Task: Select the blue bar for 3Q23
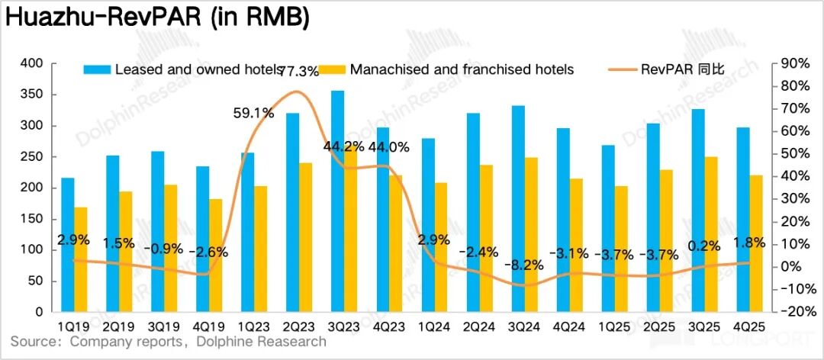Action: (x=337, y=201)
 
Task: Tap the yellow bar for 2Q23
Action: (x=305, y=237)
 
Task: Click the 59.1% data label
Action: (x=253, y=114)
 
